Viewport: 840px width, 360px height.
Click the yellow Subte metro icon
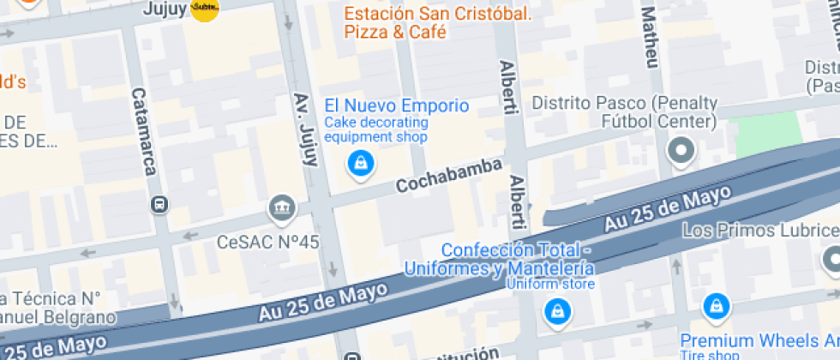click(x=205, y=9)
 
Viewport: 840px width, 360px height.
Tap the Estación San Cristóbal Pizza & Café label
click(x=437, y=23)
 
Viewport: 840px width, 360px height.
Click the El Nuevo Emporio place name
click(x=396, y=106)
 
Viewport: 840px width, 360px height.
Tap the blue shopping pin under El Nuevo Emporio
click(x=361, y=163)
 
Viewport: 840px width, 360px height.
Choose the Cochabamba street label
click(x=448, y=175)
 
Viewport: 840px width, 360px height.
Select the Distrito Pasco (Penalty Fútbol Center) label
click(x=624, y=112)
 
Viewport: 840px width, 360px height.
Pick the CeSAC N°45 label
click(x=268, y=242)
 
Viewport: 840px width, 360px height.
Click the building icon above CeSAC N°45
click(x=281, y=207)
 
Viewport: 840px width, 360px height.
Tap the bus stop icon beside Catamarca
click(x=159, y=204)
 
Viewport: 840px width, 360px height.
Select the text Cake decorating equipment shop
click(x=375, y=129)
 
